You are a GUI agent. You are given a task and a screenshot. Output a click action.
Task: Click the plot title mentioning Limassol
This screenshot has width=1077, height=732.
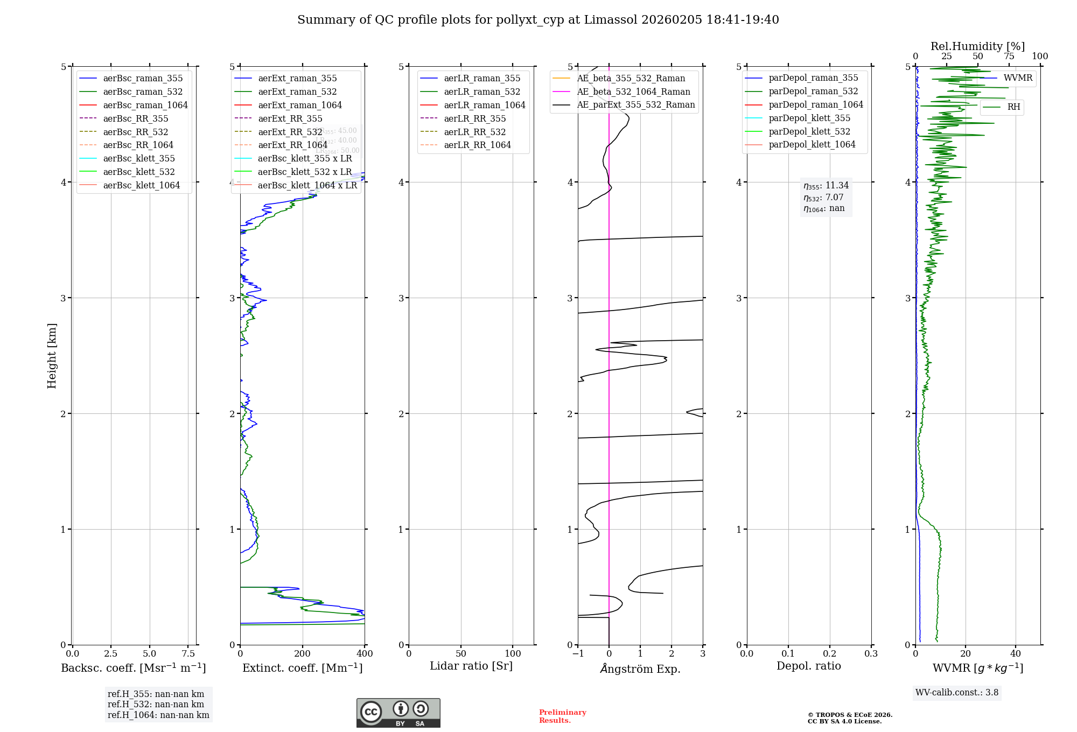[538, 20]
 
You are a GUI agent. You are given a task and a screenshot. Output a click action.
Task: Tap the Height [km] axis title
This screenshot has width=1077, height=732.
[52, 356]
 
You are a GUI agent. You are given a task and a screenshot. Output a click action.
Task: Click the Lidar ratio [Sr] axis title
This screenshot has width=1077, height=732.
[471, 666]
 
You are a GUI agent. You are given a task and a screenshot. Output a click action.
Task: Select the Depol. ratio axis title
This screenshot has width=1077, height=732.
[808, 666]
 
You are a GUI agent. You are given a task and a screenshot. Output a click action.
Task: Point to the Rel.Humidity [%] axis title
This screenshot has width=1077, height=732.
[977, 46]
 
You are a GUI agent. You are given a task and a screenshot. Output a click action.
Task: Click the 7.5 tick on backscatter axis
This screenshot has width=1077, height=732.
[188, 654]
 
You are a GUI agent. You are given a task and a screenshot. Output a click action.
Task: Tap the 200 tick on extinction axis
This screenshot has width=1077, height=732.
[303, 654]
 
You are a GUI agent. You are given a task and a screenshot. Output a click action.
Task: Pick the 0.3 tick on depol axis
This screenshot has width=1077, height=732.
[871, 654]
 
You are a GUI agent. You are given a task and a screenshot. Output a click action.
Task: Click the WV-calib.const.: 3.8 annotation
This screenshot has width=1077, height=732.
[957, 693]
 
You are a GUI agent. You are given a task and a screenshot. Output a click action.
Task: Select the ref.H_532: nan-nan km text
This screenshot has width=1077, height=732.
[156, 705]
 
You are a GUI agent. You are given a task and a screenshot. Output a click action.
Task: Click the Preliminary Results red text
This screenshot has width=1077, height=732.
[562, 716]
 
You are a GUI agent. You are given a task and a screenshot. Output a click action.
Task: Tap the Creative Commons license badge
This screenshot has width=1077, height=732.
[398, 713]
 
